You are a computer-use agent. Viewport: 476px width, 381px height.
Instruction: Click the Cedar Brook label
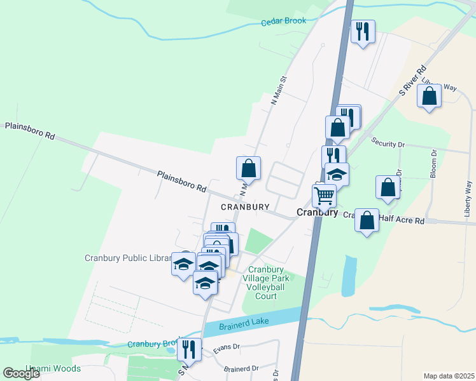tap(283, 21)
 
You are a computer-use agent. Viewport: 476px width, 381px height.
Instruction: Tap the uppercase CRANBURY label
tap(245, 207)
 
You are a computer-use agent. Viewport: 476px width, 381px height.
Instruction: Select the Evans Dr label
tap(226, 347)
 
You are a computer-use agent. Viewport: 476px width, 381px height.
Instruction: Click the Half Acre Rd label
tap(401, 220)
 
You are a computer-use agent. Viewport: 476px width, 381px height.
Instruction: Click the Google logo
tap(21, 373)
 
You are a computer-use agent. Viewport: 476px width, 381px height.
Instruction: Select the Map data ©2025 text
tap(448, 376)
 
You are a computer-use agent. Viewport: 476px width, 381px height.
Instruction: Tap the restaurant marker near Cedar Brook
tap(363, 31)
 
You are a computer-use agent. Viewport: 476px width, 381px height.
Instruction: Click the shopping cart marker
tap(324, 196)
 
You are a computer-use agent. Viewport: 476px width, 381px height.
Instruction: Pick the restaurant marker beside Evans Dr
tap(189, 348)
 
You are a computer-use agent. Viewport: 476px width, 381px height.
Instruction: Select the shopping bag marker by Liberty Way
tap(430, 96)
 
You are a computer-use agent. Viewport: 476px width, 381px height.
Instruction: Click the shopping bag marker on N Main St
tap(249, 168)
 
